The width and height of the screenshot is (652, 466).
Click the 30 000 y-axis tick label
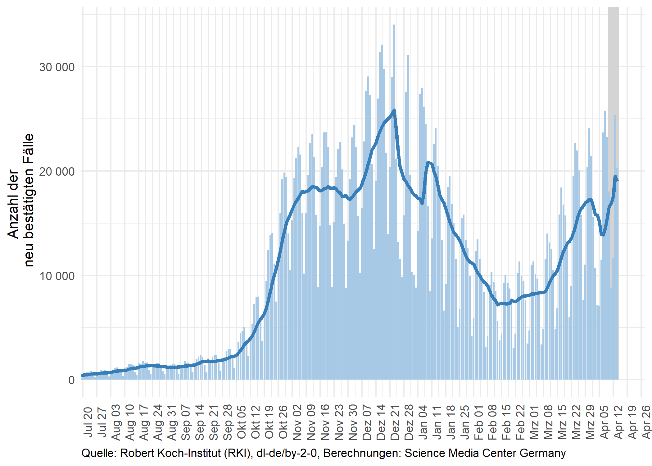tap(57, 67)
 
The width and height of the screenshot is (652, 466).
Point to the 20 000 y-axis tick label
tap(57, 172)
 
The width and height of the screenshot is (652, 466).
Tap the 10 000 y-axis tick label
tap(57, 276)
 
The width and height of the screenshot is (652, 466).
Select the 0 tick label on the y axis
tap(71, 380)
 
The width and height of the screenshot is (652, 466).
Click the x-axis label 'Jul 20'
tap(88, 422)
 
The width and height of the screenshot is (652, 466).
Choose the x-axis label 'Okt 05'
tap(242, 422)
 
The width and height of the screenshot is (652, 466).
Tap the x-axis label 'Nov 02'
tap(297, 422)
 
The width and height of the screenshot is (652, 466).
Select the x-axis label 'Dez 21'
tap(395, 422)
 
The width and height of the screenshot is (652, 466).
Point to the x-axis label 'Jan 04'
tap(423, 422)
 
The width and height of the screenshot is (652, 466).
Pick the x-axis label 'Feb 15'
tap(507, 422)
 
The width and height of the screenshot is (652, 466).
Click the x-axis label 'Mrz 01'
tap(535, 422)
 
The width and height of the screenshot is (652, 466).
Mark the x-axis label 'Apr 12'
tap(618, 422)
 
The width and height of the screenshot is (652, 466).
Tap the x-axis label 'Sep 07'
tap(186, 422)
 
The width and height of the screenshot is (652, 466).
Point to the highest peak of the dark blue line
tap(394, 110)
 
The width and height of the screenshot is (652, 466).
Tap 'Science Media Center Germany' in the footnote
tap(485, 453)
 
